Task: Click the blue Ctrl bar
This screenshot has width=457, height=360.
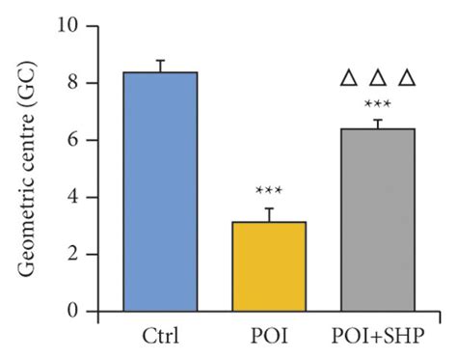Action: click(160, 192)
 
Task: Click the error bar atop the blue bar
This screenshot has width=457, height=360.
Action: click(160, 66)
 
